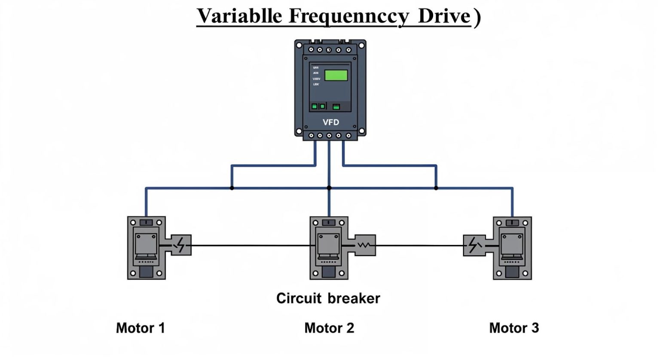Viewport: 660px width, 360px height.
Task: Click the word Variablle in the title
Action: point(239,16)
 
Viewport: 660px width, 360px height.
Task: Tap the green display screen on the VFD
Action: point(336,75)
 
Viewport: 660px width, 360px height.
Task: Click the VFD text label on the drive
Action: point(330,122)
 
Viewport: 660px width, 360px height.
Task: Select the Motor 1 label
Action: point(141,328)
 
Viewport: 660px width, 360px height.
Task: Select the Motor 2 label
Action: point(329,328)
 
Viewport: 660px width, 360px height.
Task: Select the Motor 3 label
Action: point(514,328)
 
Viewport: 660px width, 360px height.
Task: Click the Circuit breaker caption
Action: point(328,298)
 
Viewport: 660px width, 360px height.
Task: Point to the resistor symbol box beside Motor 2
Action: point(364,245)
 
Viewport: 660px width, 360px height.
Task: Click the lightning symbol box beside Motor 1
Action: point(181,245)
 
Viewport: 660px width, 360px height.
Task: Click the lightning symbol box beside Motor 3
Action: point(474,245)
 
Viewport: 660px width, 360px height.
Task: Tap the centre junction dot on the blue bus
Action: point(329,188)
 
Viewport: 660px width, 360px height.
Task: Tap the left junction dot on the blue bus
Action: point(232,188)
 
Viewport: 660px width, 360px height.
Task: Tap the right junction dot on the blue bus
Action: point(436,188)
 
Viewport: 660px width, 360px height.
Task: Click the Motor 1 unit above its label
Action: point(147,248)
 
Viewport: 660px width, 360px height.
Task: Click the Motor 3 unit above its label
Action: point(512,248)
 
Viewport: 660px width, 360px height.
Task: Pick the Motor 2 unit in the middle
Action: point(329,248)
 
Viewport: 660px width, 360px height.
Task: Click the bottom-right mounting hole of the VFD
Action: point(362,131)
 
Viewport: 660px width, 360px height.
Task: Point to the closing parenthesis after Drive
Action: point(477,17)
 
